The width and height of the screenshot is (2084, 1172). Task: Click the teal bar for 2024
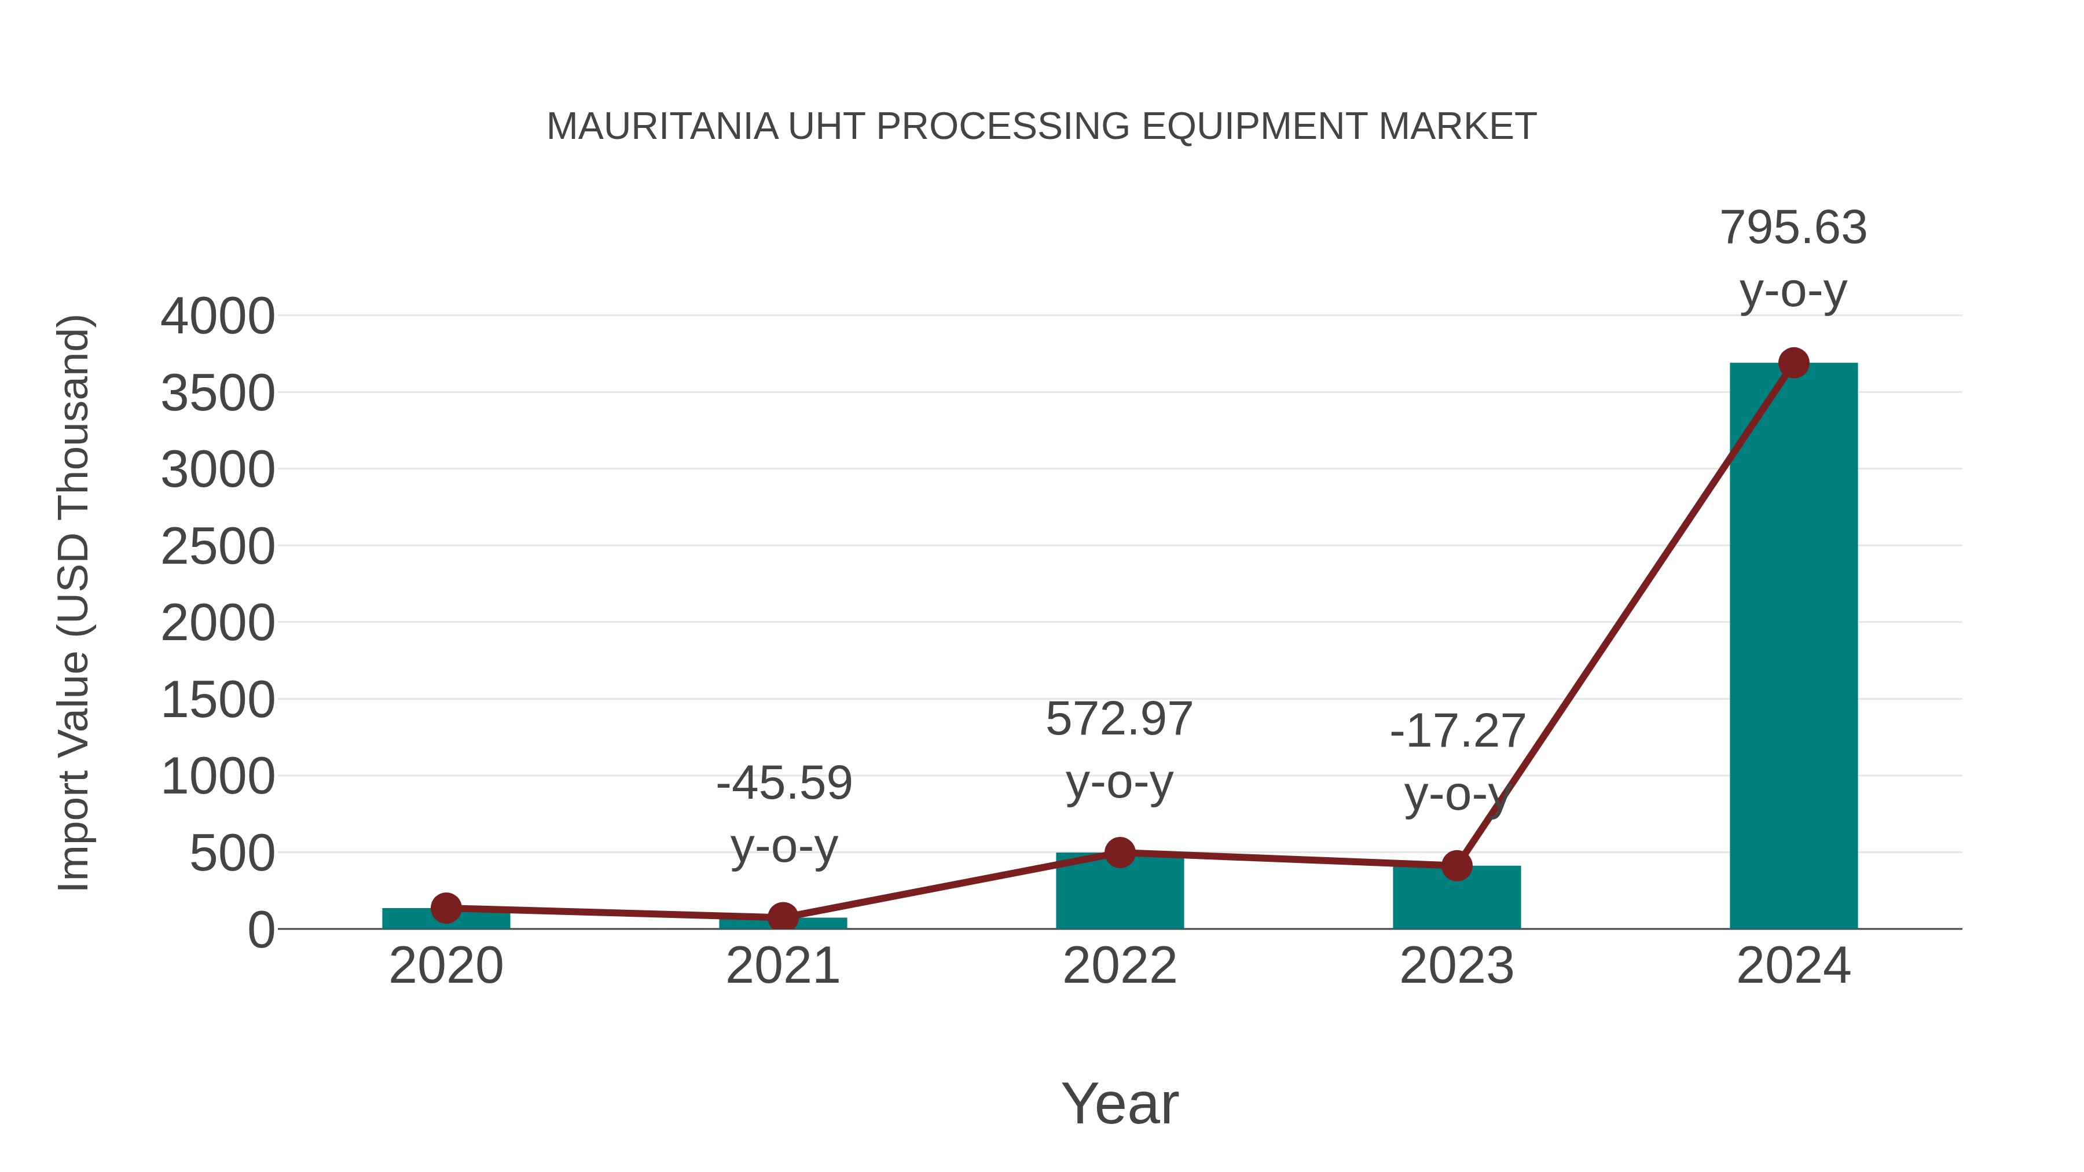click(x=1793, y=647)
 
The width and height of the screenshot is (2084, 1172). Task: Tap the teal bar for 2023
click(x=1456, y=898)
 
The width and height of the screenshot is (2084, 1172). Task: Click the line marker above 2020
click(x=446, y=908)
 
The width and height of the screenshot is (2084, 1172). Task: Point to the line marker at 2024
click(x=1793, y=363)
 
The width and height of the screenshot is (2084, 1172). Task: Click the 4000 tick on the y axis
click(x=218, y=316)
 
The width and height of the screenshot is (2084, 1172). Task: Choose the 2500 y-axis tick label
click(x=218, y=547)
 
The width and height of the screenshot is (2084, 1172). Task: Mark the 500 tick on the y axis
click(x=232, y=853)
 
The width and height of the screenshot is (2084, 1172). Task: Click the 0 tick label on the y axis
click(x=260, y=930)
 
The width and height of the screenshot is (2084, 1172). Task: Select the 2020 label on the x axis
click(x=446, y=967)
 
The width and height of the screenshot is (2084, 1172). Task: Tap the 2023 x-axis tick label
click(x=1456, y=967)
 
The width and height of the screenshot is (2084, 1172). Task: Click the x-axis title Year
click(x=1120, y=1104)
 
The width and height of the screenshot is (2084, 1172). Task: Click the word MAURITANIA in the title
click(x=662, y=127)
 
